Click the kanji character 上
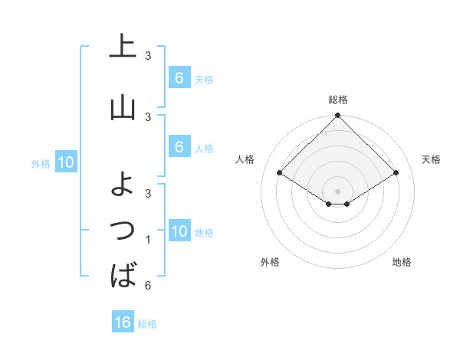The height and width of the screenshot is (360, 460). [x=123, y=47]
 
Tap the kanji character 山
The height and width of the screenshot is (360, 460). [x=123, y=108]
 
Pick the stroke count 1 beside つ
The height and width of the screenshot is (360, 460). [x=148, y=240]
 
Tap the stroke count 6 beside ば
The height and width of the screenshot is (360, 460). [x=148, y=286]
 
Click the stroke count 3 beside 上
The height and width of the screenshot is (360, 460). [x=148, y=56]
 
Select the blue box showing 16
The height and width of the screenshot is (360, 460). [x=123, y=322]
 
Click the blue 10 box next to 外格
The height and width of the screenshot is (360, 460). [x=65, y=162]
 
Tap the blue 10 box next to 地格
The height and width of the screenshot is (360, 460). [x=179, y=231]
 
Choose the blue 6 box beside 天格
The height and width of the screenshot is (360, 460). [x=179, y=77]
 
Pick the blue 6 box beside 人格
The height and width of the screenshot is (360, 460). [x=179, y=146]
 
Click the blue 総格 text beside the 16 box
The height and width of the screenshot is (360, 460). [x=147, y=324]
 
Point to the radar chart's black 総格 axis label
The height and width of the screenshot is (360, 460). [x=338, y=100]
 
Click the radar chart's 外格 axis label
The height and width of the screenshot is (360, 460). [x=270, y=262]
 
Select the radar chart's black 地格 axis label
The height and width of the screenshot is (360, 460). [x=402, y=262]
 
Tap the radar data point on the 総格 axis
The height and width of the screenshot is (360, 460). [x=338, y=116]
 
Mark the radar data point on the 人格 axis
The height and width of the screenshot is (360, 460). [x=280, y=172]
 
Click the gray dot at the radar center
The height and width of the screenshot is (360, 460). [x=338, y=191]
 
